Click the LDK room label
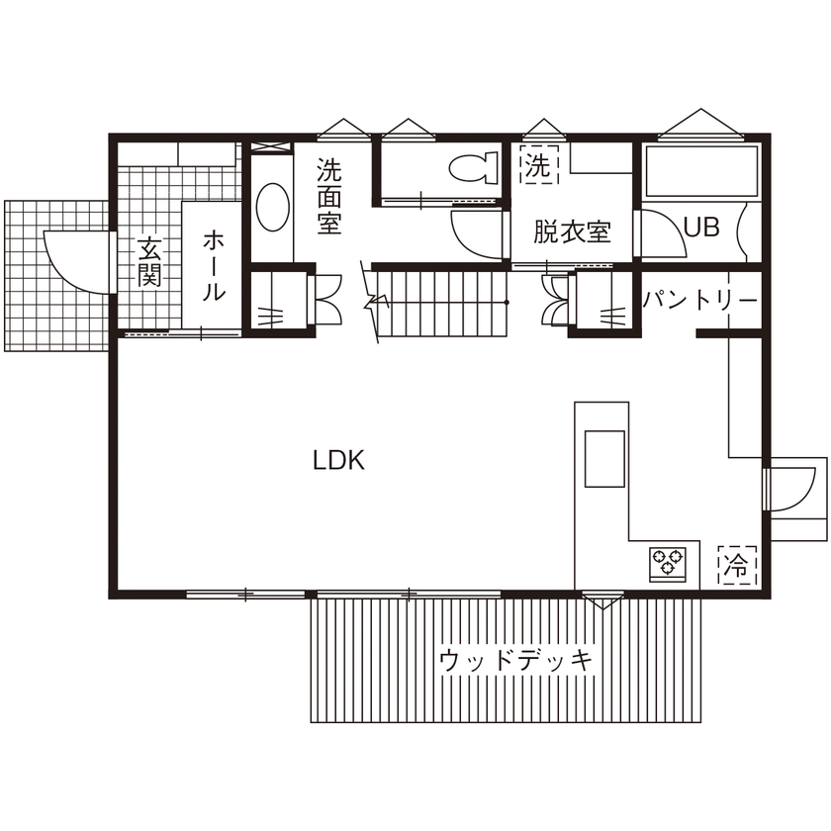click(339, 460)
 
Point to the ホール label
click(214, 265)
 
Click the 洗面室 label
click(329, 196)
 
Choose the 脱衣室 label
click(572, 232)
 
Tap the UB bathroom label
click(701, 227)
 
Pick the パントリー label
click(700, 300)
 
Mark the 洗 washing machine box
click(536, 163)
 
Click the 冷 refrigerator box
click(735, 565)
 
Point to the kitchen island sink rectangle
click(603, 458)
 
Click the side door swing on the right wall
click(797, 487)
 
